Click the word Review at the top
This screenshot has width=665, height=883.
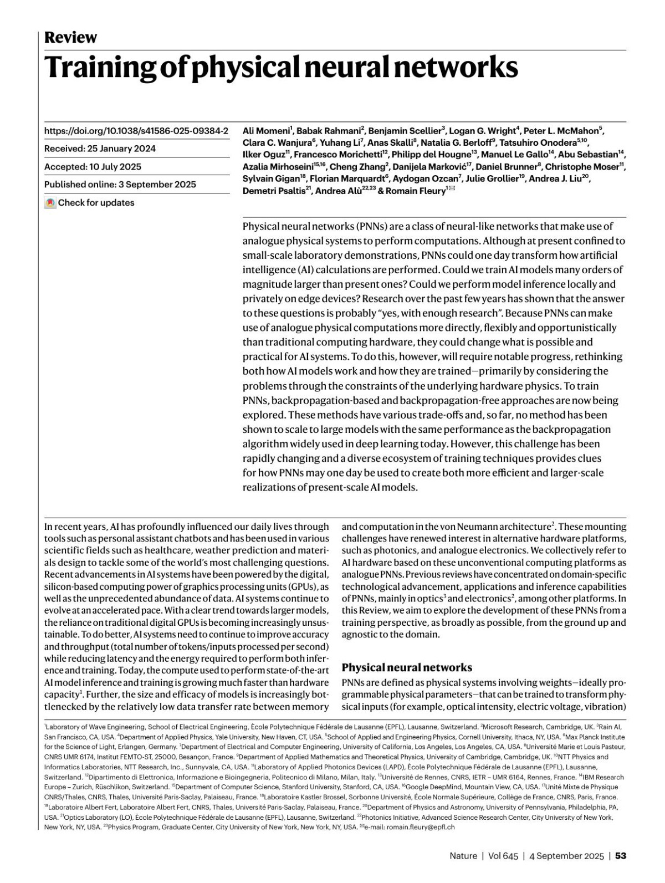click(x=70, y=37)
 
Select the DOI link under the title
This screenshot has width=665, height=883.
click(x=136, y=131)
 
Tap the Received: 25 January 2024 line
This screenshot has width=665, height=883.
click(x=100, y=149)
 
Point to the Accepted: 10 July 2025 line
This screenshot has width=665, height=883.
click(x=93, y=167)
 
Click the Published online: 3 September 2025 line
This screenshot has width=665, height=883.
click(x=120, y=185)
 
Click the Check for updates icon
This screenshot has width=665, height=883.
click(x=50, y=203)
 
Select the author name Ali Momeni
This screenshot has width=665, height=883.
click(x=267, y=131)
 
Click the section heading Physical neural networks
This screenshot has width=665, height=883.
click(x=407, y=667)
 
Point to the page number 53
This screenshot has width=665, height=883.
click(x=621, y=856)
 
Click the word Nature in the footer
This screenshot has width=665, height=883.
click(x=463, y=856)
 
